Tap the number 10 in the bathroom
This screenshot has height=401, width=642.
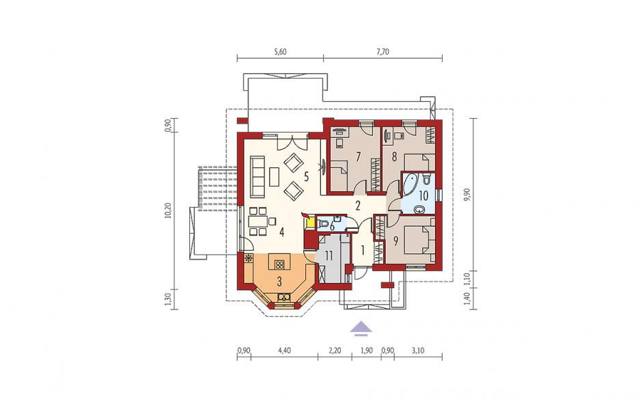tap(423, 195)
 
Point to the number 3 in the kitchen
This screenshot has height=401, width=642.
tap(279, 281)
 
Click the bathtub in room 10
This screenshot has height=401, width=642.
tap(410, 184)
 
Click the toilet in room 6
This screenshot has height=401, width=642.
tap(324, 224)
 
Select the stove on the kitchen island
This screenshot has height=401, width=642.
tap(279, 265)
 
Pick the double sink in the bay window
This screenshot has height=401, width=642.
tap(283, 297)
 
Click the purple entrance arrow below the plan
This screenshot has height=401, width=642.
tap(361, 328)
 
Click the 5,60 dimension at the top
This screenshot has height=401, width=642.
tap(280, 52)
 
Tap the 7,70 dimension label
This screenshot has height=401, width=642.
tap(382, 52)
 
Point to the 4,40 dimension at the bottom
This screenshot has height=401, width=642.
tap(284, 350)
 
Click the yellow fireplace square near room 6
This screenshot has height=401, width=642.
tap(310, 223)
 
